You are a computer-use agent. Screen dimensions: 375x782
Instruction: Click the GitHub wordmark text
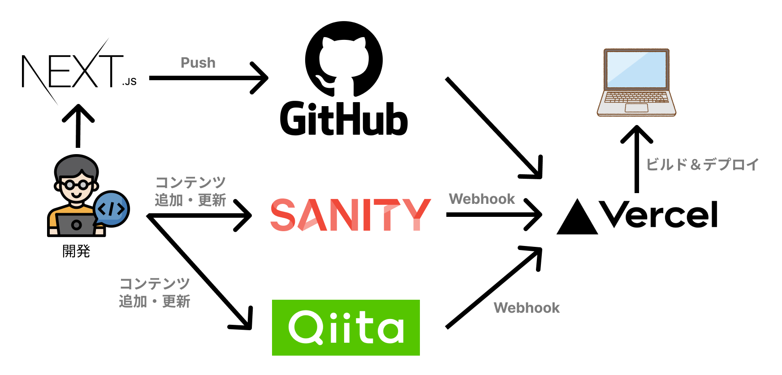point(344,119)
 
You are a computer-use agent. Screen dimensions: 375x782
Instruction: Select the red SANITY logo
point(350,215)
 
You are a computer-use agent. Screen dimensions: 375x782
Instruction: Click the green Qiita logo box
point(346,328)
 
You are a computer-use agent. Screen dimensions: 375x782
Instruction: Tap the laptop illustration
point(636,82)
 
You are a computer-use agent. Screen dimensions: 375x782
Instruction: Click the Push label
point(198,63)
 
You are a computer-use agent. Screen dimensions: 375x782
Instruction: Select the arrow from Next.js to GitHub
point(208,78)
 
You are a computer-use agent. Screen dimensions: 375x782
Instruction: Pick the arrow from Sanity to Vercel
point(493,215)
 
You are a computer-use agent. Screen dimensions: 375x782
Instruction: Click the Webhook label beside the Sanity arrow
point(482,198)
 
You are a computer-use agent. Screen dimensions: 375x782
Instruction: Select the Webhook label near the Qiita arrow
point(527,308)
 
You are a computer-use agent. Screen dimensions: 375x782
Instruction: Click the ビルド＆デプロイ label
point(702,164)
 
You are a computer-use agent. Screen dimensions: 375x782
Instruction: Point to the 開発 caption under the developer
point(76,251)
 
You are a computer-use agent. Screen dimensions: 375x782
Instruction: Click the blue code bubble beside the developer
point(112,209)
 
